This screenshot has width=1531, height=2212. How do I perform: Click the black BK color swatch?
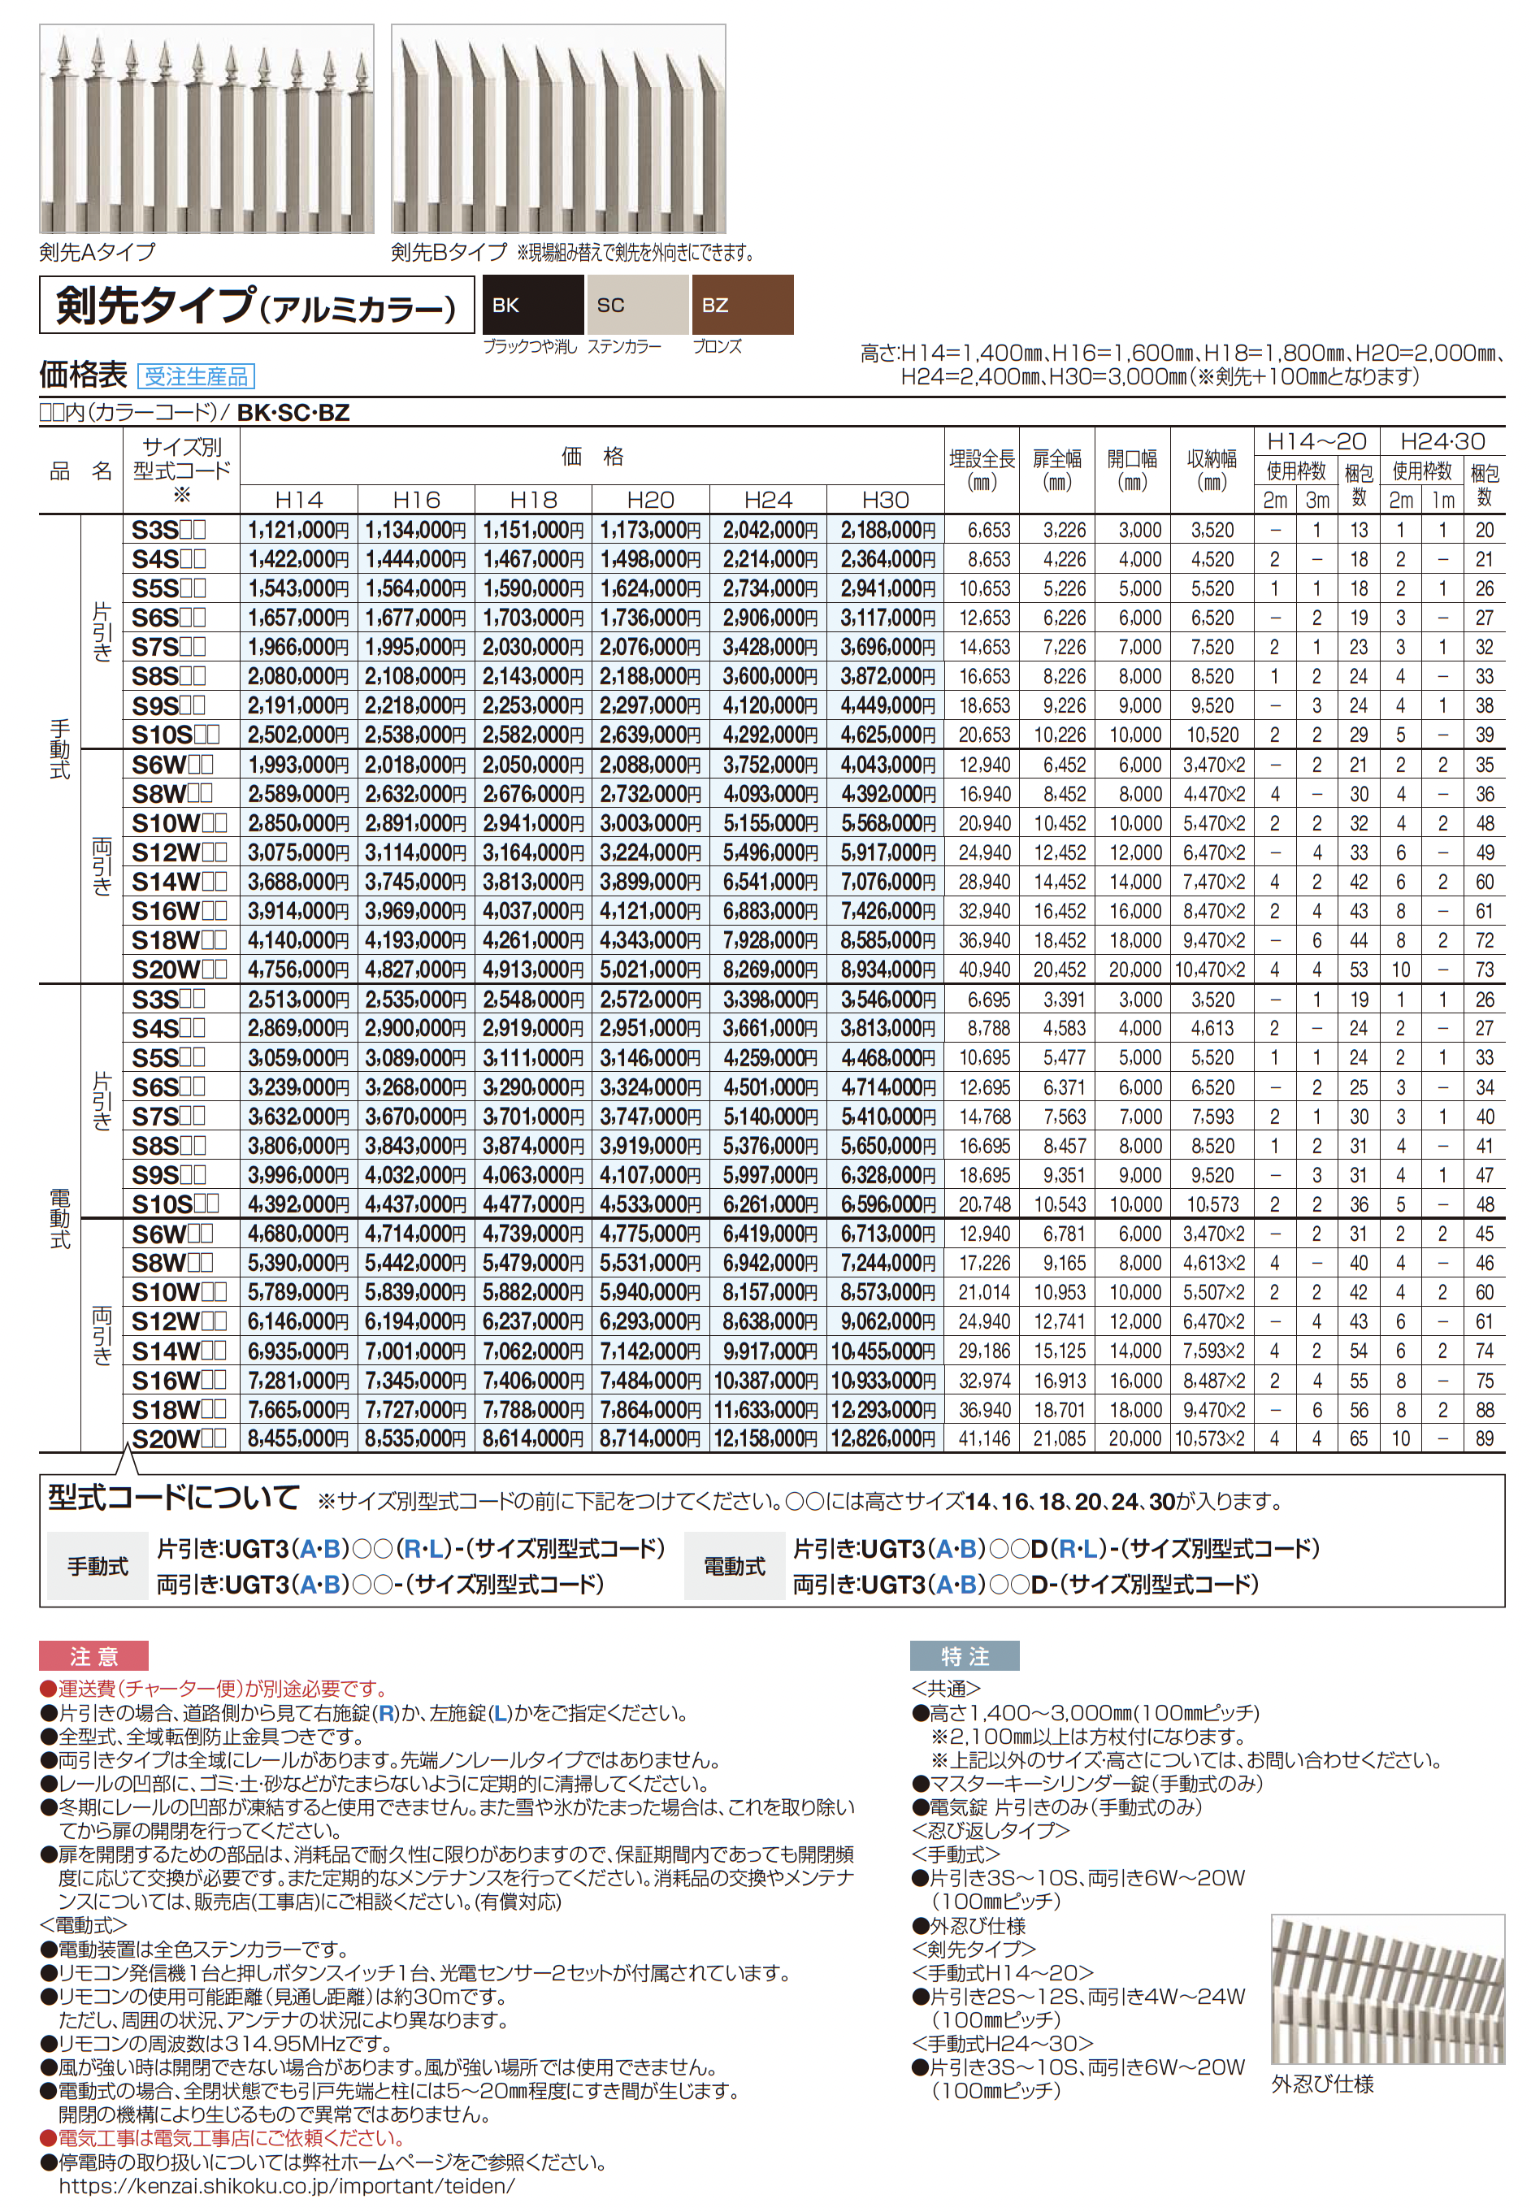coord(532,305)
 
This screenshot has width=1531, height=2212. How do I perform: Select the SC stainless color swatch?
coord(637,305)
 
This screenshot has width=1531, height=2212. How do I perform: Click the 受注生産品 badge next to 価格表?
coord(196,376)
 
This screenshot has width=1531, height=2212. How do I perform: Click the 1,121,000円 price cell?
coord(298,530)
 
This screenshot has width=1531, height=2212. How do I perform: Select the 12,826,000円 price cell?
coord(883,1439)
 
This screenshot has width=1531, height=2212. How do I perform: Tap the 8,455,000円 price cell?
coord(298,1439)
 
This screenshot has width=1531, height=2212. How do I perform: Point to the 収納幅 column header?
coord(1212,469)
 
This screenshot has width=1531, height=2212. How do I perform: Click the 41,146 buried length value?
coord(984,1439)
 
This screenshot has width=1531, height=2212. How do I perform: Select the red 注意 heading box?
coord(93,1655)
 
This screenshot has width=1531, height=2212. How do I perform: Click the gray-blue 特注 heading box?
coord(963,1655)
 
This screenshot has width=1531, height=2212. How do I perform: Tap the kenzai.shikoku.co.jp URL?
coord(287,2186)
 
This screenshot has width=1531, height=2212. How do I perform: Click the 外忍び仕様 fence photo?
coord(1386,1989)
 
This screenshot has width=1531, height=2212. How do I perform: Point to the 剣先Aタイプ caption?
coord(97,251)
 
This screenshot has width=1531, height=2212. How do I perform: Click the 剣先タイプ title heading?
coord(256,305)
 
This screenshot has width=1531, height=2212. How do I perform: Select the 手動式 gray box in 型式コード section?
coord(97,1567)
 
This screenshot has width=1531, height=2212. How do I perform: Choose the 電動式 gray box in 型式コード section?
coord(734,1567)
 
